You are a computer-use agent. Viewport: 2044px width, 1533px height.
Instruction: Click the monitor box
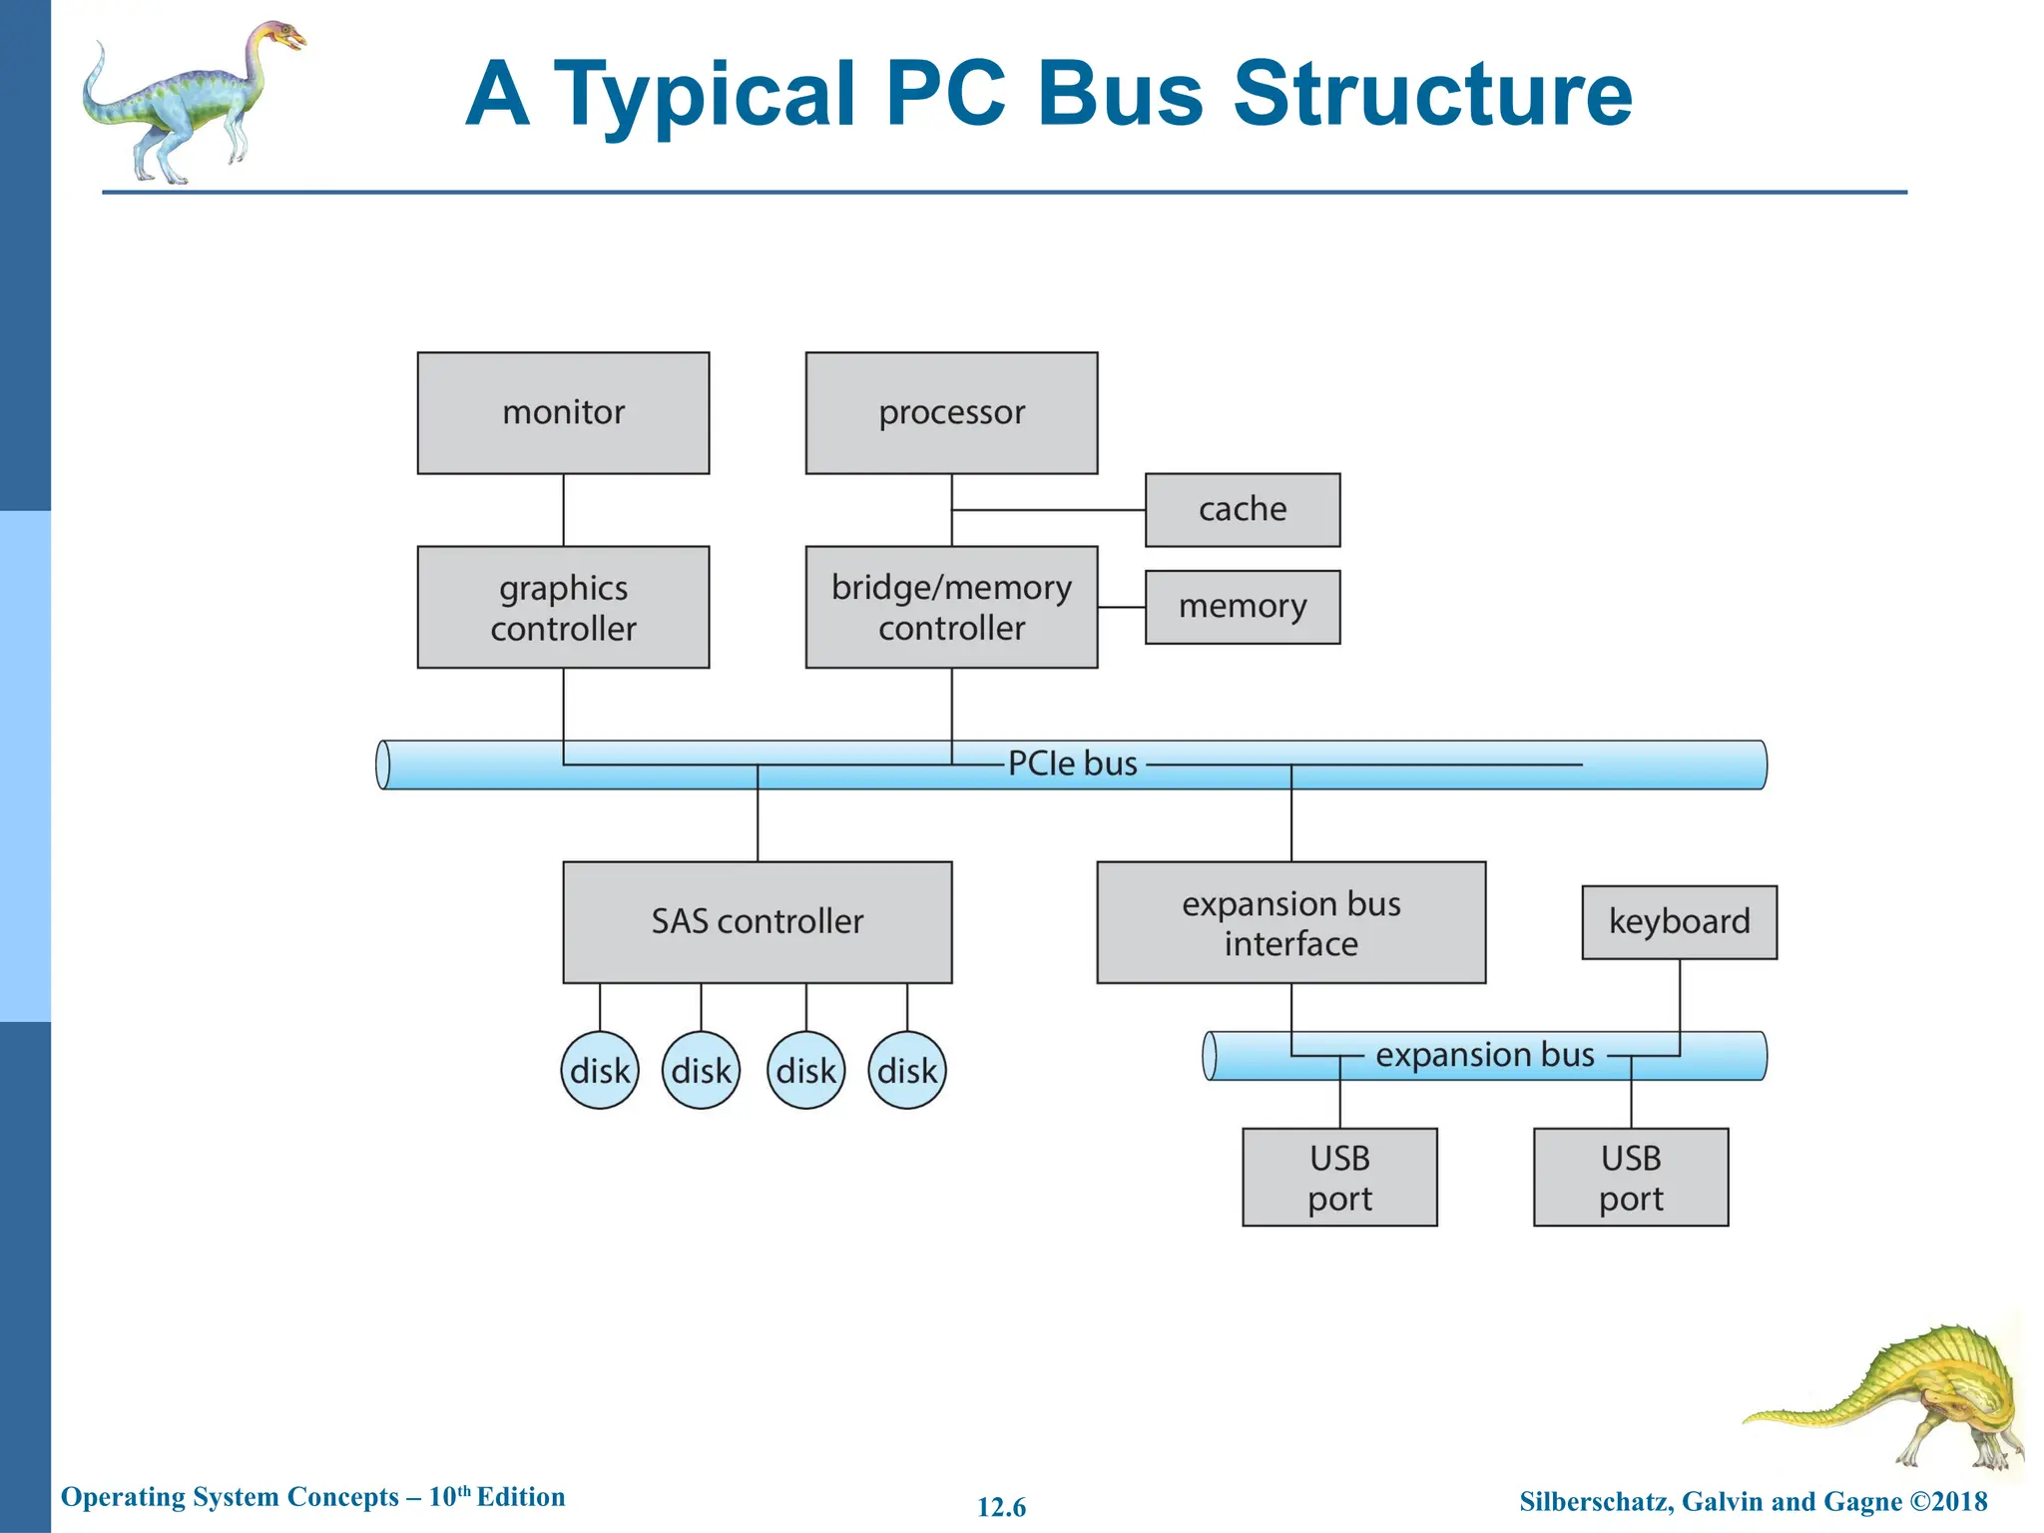pos(563,412)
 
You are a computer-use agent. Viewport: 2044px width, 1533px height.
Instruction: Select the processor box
pos(951,412)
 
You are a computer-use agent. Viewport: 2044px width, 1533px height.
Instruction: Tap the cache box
pos(1242,510)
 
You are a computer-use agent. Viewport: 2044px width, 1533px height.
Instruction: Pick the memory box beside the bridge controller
pos(1242,607)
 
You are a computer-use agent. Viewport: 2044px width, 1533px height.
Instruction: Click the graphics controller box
pos(563,607)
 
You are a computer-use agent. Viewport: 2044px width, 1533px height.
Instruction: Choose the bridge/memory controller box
pos(951,607)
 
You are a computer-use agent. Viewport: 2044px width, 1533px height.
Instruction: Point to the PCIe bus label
pos(1072,764)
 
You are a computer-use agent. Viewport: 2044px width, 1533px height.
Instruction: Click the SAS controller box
pos(757,922)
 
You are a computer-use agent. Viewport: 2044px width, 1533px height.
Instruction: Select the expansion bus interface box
pos(1290,922)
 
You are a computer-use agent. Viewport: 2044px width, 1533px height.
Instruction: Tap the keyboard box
pos(1679,922)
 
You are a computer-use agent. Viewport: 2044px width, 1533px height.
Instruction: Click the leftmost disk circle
pos(599,1071)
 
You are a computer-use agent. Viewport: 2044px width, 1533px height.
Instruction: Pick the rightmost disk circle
pos(906,1071)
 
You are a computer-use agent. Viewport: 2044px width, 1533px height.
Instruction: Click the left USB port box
pos(1339,1178)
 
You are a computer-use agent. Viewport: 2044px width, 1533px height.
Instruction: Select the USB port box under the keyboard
pos(1631,1178)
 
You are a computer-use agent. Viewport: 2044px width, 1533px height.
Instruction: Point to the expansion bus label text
pos(1484,1055)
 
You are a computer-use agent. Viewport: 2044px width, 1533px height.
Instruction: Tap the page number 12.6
pos(1001,1507)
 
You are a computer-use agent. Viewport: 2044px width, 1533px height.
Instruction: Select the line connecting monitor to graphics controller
pos(563,510)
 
